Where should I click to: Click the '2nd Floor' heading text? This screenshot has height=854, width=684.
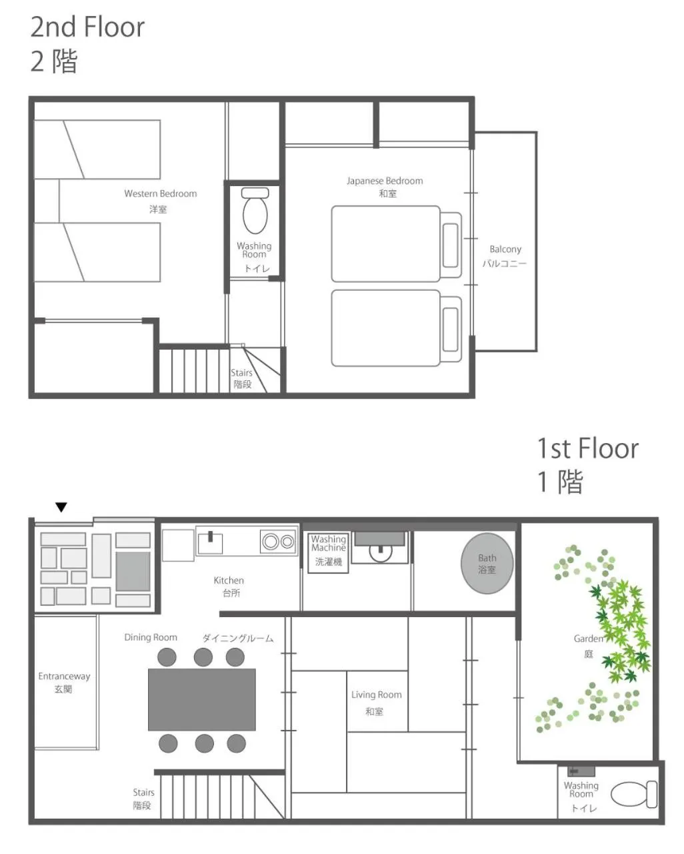pyautogui.click(x=87, y=27)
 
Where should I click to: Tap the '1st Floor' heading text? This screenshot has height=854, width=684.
pyautogui.click(x=587, y=448)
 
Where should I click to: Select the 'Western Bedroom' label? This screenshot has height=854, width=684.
pyautogui.click(x=161, y=193)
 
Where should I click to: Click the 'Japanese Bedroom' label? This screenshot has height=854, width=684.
pyautogui.click(x=385, y=181)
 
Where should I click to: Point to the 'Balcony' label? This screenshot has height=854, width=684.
pyautogui.click(x=505, y=250)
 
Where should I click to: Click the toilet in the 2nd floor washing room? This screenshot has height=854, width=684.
pyautogui.click(x=255, y=210)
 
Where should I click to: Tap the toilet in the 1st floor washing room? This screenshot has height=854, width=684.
pyautogui.click(x=633, y=793)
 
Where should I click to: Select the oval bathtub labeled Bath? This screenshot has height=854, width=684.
pyautogui.click(x=487, y=564)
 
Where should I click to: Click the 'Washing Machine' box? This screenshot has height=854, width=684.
pyautogui.click(x=328, y=551)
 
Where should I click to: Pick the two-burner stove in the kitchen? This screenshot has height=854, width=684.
pyautogui.click(x=279, y=542)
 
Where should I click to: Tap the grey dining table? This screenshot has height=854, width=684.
pyautogui.click(x=201, y=699)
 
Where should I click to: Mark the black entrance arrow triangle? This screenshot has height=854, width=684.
pyautogui.click(x=61, y=508)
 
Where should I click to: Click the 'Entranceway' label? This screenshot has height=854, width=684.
pyautogui.click(x=64, y=677)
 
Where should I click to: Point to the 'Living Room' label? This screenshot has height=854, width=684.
pyautogui.click(x=377, y=695)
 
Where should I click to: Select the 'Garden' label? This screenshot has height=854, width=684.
pyautogui.click(x=588, y=638)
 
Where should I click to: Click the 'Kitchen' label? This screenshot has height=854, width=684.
pyautogui.click(x=229, y=580)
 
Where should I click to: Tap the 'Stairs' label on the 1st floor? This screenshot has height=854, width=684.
pyautogui.click(x=143, y=793)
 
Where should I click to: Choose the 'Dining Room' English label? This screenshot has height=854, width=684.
pyautogui.click(x=151, y=637)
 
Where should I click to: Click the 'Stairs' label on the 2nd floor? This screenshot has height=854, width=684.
pyautogui.click(x=241, y=373)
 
